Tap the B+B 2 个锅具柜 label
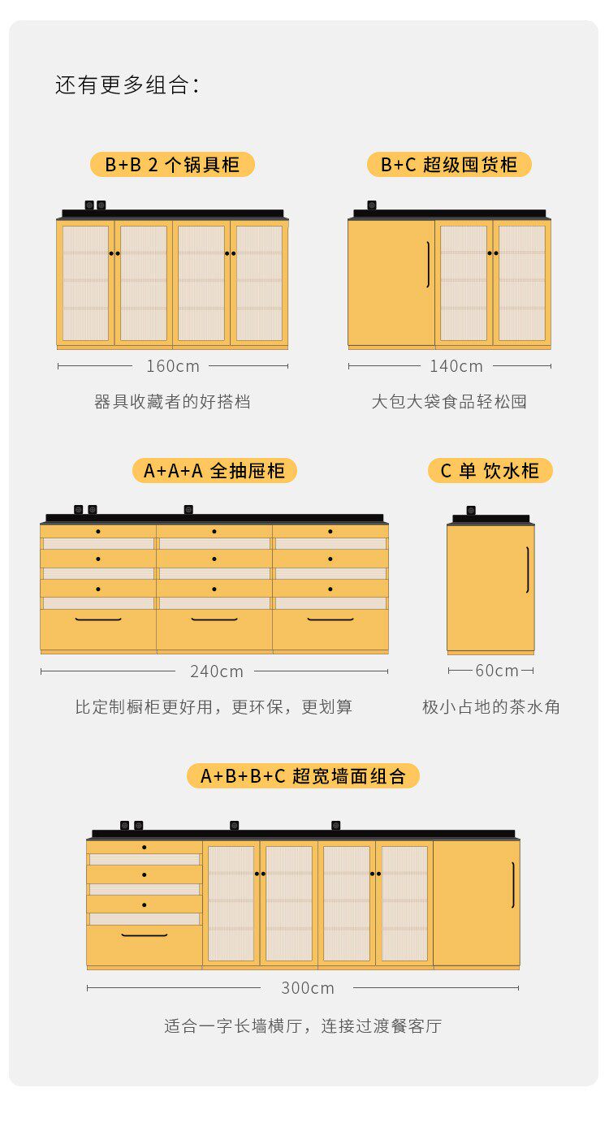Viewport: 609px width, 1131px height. pyautogui.click(x=172, y=165)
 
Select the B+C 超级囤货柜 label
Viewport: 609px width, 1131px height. pyautogui.click(x=449, y=165)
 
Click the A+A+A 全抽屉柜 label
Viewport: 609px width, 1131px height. pyautogui.click(x=214, y=471)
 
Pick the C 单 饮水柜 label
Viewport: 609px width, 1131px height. pyautogui.click(x=490, y=471)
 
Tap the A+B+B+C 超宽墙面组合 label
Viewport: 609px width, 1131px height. pyautogui.click(x=303, y=776)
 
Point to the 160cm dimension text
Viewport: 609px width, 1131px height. pyautogui.click(x=173, y=366)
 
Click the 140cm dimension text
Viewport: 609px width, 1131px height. pyautogui.click(x=456, y=366)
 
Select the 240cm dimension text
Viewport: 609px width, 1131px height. pyautogui.click(x=217, y=671)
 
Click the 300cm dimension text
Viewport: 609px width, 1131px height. pyautogui.click(x=308, y=988)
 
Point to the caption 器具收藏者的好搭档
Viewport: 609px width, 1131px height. pyautogui.click(x=172, y=402)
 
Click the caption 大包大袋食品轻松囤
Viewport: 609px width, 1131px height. pyautogui.click(x=449, y=402)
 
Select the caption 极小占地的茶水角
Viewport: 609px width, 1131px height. pyautogui.click(x=491, y=707)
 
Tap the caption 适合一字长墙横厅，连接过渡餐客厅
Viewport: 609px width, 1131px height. pyautogui.click(x=303, y=1026)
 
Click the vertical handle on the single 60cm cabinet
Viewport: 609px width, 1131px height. pyautogui.click(x=527, y=569)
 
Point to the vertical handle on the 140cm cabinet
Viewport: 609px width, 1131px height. pyautogui.click(x=428, y=265)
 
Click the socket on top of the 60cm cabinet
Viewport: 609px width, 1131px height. pyautogui.click(x=471, y=511)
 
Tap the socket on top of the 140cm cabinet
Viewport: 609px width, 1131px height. pyautogui.click(x=372, y=205)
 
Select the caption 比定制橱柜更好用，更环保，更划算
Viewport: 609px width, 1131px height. pyautogui.click(x=214, y=707)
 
